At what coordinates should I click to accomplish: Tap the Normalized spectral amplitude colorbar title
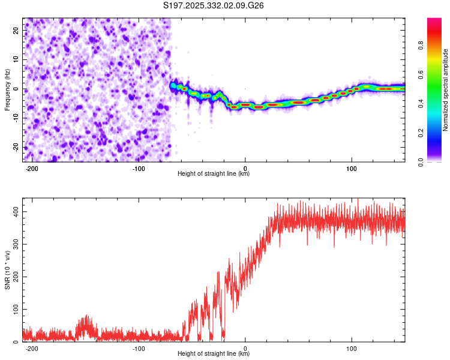point(446,89)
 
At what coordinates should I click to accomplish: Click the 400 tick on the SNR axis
point(14,212)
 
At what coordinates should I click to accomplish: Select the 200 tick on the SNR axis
point(14,277)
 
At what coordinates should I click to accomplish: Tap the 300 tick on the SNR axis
point(14,245)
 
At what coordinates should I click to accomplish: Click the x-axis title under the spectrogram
point(214,174)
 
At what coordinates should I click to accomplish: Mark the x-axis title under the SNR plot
point(214,354)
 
